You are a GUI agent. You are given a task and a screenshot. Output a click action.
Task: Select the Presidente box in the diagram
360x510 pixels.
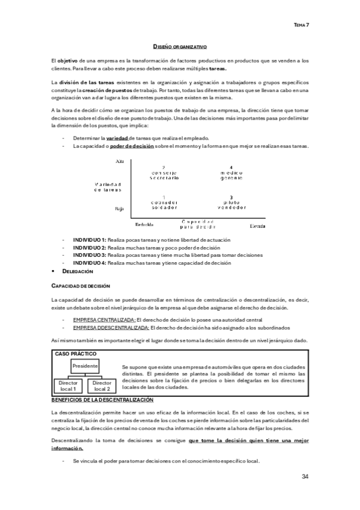click(x=84, y=366)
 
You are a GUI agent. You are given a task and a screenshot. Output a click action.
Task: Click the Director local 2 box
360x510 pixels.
click(x=102, y=386)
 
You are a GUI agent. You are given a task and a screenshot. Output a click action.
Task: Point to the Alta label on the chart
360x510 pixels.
click(x=118, y=162)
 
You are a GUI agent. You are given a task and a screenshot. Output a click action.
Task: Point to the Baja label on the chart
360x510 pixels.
click(x=118, y=209)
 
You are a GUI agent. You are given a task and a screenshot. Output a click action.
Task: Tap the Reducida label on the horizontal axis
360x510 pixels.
click(x=145, y=226)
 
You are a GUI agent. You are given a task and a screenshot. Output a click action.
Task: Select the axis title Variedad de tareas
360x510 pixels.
click(x=108, y=186)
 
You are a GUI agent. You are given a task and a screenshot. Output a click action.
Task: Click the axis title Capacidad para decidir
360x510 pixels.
click(x=197, y=225)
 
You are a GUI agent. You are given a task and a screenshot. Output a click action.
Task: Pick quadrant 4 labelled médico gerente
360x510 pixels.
click(x=231, y=173)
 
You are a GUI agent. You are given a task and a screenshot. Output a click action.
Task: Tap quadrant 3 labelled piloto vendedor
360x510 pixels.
click(x=231, y=203)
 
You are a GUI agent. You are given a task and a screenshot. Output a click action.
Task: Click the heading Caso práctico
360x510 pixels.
click(x=75, y=354)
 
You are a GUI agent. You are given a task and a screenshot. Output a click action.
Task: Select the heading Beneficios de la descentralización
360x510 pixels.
click(x=102, y=400)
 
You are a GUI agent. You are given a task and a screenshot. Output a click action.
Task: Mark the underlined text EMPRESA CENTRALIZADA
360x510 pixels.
click(x=104, y=320)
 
